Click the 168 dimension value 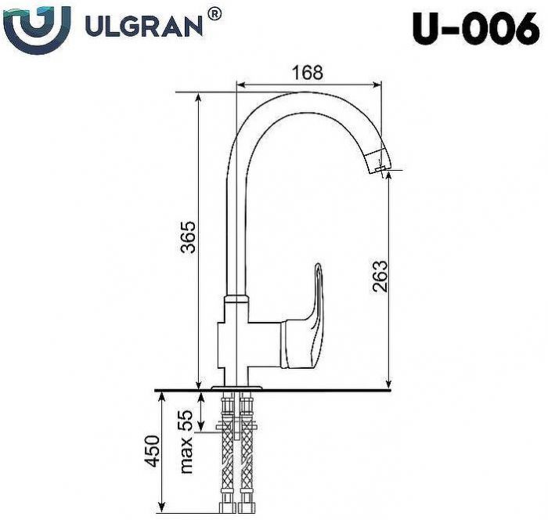click(x=308, y=72)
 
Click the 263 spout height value click(x=379, y=279)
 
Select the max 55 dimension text click(x=187, y=443)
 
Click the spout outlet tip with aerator click(x=379, y=164)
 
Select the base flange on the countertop click(x=238, y=386)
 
